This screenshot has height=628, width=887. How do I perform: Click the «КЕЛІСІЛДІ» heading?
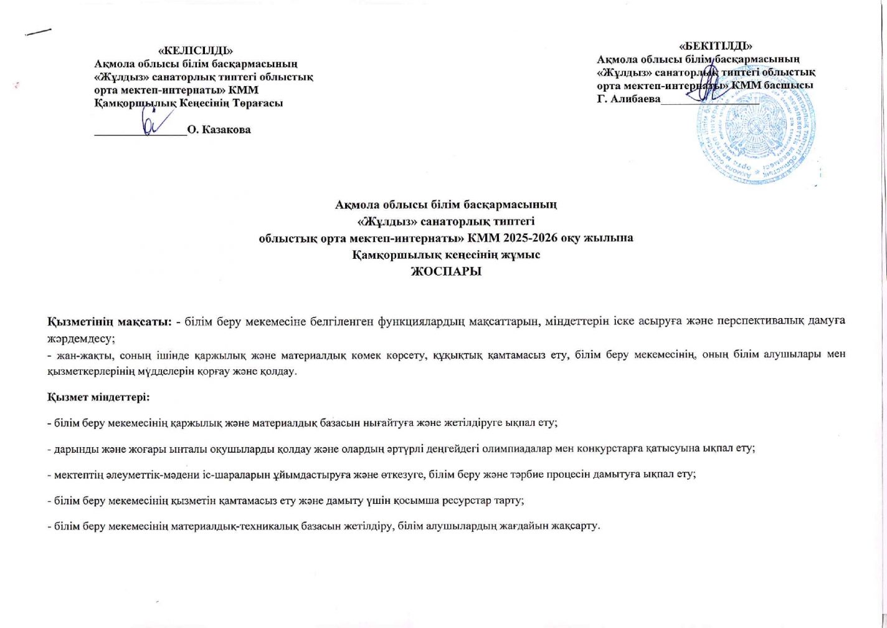(x=196, y=50)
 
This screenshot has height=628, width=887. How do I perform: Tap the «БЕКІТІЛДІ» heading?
(x=716, y=46)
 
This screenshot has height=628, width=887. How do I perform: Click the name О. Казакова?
(x=219, y=130)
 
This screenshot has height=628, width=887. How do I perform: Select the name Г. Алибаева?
(x=628, y=99)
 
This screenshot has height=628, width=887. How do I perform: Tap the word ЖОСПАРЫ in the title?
(x=445, y=272)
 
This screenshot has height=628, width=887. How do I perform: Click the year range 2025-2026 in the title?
(x=538, y=238)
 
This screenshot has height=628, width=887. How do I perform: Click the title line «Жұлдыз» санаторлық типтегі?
(x=446, y=221)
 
